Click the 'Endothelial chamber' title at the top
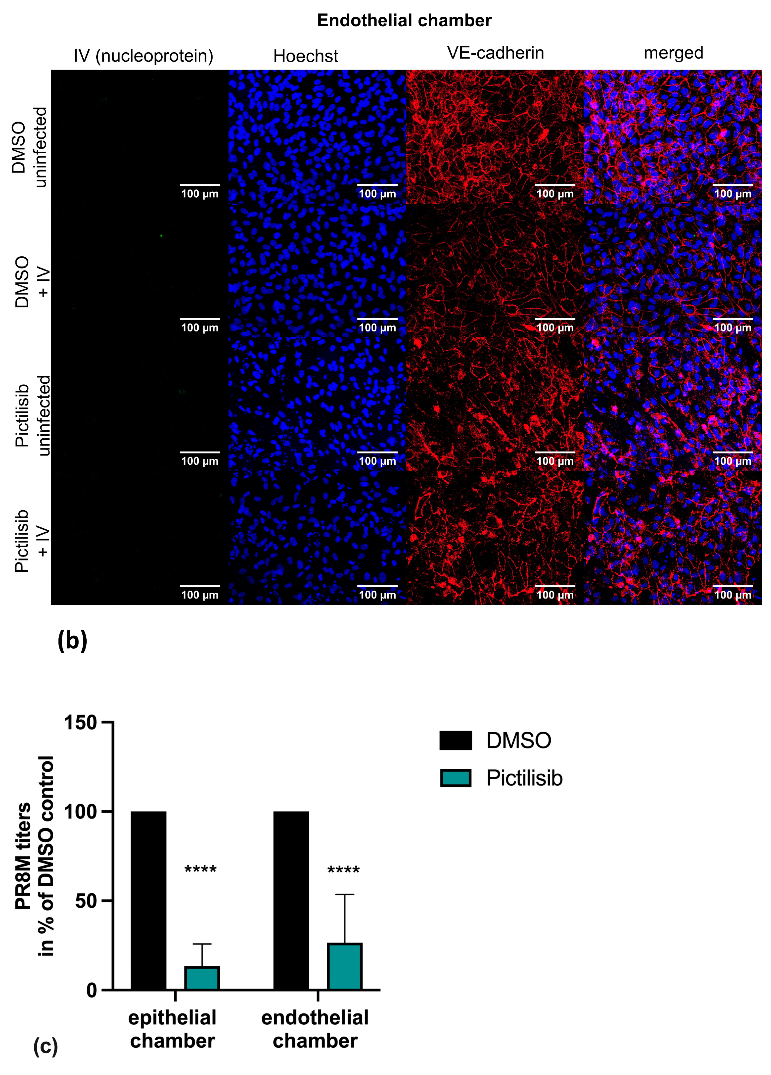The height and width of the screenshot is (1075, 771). coord(404,20)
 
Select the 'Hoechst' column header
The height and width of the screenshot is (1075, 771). coord(306,56)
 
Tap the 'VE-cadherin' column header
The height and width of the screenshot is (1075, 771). coord(495,53)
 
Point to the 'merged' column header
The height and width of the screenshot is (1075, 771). coord(673,53)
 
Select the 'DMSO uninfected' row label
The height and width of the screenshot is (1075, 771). coord(29,147)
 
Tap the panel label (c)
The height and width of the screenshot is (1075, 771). coord(45,1045)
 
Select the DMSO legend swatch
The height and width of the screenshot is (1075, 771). coord(455,740)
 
